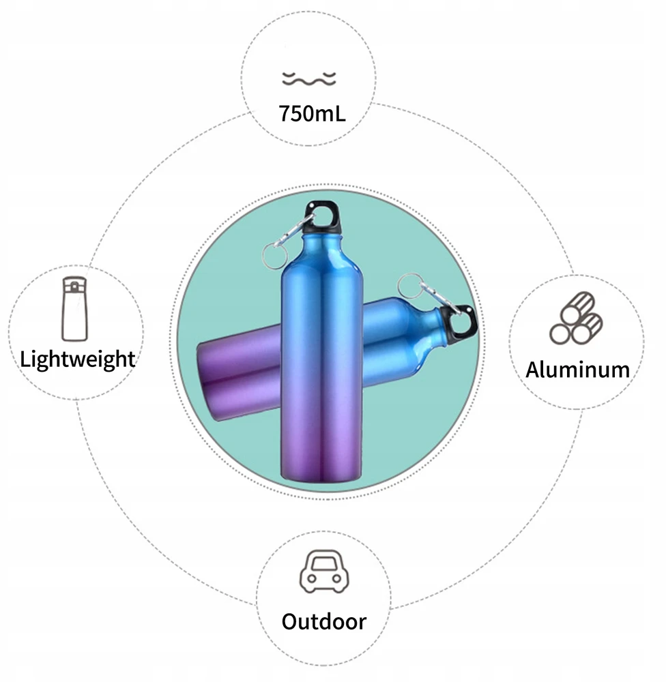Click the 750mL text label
point(312,113)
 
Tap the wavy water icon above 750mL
point(309,79)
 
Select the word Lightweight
point(78,360)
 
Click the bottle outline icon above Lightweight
point(74,309)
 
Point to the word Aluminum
point(578,370)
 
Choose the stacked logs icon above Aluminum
point(576,318)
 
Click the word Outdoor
point(324,621)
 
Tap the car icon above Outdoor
point(324,571)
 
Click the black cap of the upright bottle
point(322,218)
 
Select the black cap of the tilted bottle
point(458,325)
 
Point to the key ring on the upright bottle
point(274,256)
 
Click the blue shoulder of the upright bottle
point(321,256)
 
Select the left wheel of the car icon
point(312,578)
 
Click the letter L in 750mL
point(340,113)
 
